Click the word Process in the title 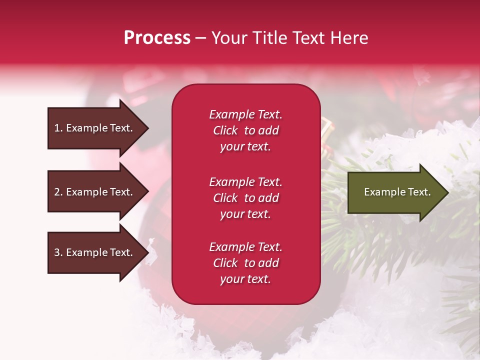[157, 38]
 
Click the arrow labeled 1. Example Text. [98, 128]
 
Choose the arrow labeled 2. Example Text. [98, 191]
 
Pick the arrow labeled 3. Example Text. [98, 252]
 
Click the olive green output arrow [398, 192]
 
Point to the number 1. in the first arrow [58, 128]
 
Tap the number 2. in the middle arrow [58, 192]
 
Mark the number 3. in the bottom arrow [58, 252]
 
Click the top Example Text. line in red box [246, 114]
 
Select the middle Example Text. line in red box [246, 182]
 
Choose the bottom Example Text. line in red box [246, 247]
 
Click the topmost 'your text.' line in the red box [245, 147]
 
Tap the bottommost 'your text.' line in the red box [245, 279]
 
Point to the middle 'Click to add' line [246, 198]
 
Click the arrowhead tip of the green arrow [448, 192]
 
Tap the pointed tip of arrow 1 [148, 128]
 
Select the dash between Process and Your [200, 39]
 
